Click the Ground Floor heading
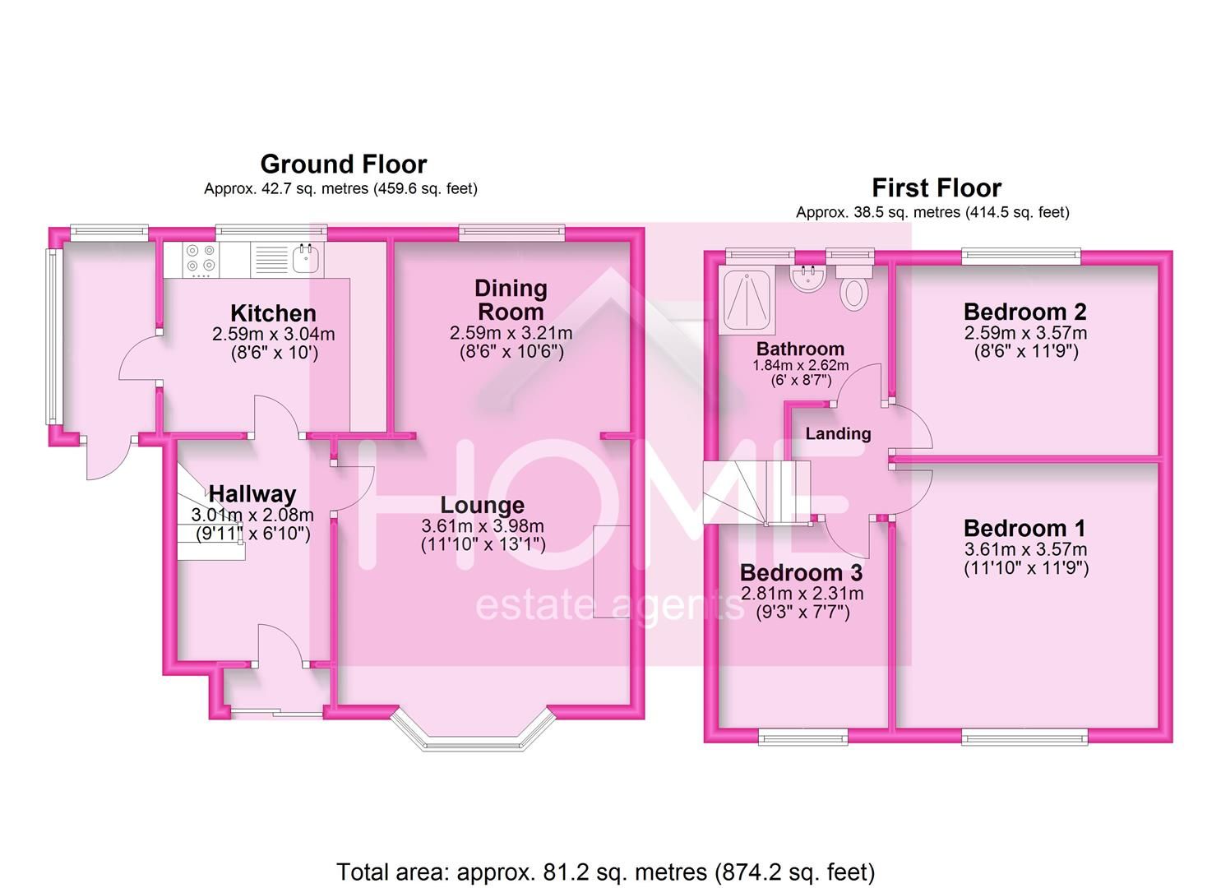coord(344,164)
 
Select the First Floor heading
coord(937,188)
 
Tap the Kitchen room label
coord(273,313)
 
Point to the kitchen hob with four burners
coord(201,257)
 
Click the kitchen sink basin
coord(305,258)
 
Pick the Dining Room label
coord(511,300)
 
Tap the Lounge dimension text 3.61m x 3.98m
coord(483,526)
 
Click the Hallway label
coord(252,494)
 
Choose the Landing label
coord(839,434)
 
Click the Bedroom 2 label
coord(1024,312)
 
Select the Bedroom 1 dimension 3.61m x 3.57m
coord(1026,549)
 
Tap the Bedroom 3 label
coord(802,573)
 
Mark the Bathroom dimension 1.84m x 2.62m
coord(801,365)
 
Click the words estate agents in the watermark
coord(609,606)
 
